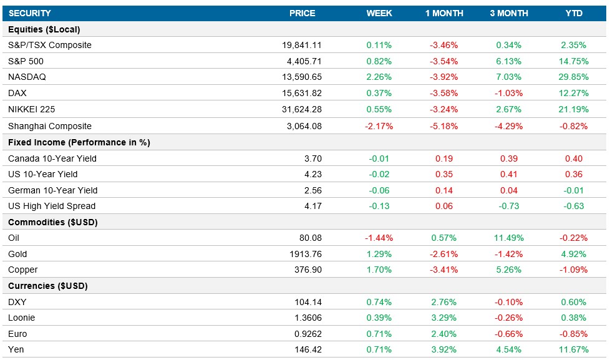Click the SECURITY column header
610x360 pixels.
(30, 13)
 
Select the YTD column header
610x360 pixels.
(573, 13)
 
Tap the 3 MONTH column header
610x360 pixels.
(509, 13)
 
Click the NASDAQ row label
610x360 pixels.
(27, 77)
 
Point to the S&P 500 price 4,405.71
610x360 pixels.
(302, 61)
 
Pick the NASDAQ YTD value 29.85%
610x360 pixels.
(573, 77)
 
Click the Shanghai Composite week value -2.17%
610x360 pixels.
(379, 126)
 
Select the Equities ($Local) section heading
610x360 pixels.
(44, 29)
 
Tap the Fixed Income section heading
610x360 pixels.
(79, 142)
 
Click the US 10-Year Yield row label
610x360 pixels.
(43, 175)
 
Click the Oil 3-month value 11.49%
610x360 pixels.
(509, 238)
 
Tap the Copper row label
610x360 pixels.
(23, 270)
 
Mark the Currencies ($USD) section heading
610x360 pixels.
(48, 286)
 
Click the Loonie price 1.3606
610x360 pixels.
(308, 318)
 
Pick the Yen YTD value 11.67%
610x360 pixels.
(573, 350)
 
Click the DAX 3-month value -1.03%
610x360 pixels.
(509, 94)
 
